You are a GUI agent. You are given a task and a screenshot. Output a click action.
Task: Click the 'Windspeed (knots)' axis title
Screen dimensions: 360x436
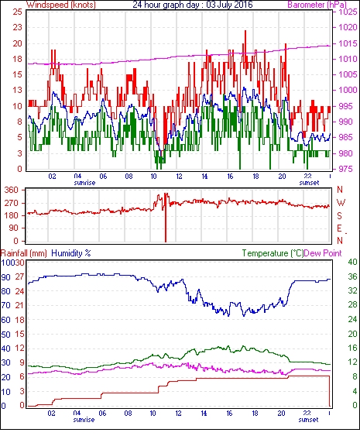point(61,5)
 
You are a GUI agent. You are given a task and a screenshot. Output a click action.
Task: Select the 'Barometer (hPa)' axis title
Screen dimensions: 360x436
point(317,5)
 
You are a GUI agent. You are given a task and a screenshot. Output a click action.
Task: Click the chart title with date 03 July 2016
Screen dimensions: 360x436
point(192,5)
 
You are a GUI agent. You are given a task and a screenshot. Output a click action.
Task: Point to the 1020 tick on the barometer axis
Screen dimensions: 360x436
point(348,27)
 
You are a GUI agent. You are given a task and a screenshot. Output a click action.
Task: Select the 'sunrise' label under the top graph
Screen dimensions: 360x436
point(84,183)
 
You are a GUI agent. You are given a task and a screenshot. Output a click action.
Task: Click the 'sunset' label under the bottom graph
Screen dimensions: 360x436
point(308,420)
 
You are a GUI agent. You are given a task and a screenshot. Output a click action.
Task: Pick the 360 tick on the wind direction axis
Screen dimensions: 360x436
point(12,191)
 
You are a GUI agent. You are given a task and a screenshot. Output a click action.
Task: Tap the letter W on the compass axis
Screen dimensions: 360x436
point(341,203)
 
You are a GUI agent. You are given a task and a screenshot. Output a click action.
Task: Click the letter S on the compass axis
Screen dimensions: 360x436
point(339,216)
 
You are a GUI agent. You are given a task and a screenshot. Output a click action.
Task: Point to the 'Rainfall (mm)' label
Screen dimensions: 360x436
point(24,253)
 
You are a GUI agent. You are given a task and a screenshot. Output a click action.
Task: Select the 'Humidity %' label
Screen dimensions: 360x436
point(71,253)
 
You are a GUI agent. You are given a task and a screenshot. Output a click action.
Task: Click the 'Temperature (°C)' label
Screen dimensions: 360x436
point(273,253)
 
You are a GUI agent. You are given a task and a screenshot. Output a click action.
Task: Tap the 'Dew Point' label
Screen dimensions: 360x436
point(323,253)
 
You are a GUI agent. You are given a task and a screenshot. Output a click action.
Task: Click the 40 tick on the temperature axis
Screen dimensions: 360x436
point(352,262)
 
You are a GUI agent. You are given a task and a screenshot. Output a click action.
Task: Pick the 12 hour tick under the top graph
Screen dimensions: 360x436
point(179,177)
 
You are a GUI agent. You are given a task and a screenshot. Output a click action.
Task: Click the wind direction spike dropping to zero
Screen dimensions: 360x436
point(166,218)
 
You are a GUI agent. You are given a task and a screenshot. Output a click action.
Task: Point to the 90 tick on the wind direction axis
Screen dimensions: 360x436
point(14,228)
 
